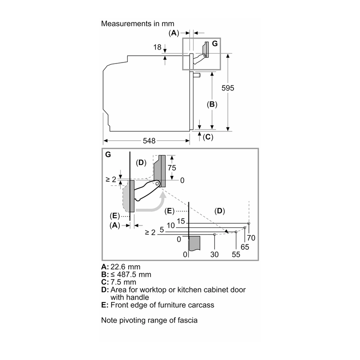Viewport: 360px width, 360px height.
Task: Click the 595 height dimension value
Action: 228,88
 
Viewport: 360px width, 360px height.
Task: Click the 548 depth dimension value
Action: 149,141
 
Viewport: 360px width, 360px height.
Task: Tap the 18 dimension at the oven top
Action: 157,47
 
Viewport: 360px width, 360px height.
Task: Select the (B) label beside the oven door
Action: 212,104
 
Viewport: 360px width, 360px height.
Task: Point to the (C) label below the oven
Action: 208,137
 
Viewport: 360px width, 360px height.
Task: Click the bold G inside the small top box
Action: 215,44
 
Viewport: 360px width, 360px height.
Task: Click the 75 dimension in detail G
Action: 172,168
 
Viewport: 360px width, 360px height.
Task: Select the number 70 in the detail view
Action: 251,238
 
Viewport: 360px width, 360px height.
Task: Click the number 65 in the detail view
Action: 245,247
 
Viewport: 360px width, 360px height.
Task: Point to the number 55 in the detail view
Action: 236,254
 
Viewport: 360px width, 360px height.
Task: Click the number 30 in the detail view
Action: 215,254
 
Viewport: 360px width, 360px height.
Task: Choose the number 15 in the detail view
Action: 181,221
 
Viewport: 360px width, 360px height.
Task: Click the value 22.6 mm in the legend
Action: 126,267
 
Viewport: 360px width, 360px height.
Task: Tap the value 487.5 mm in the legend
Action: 134,274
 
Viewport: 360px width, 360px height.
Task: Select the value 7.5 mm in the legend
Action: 123,282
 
